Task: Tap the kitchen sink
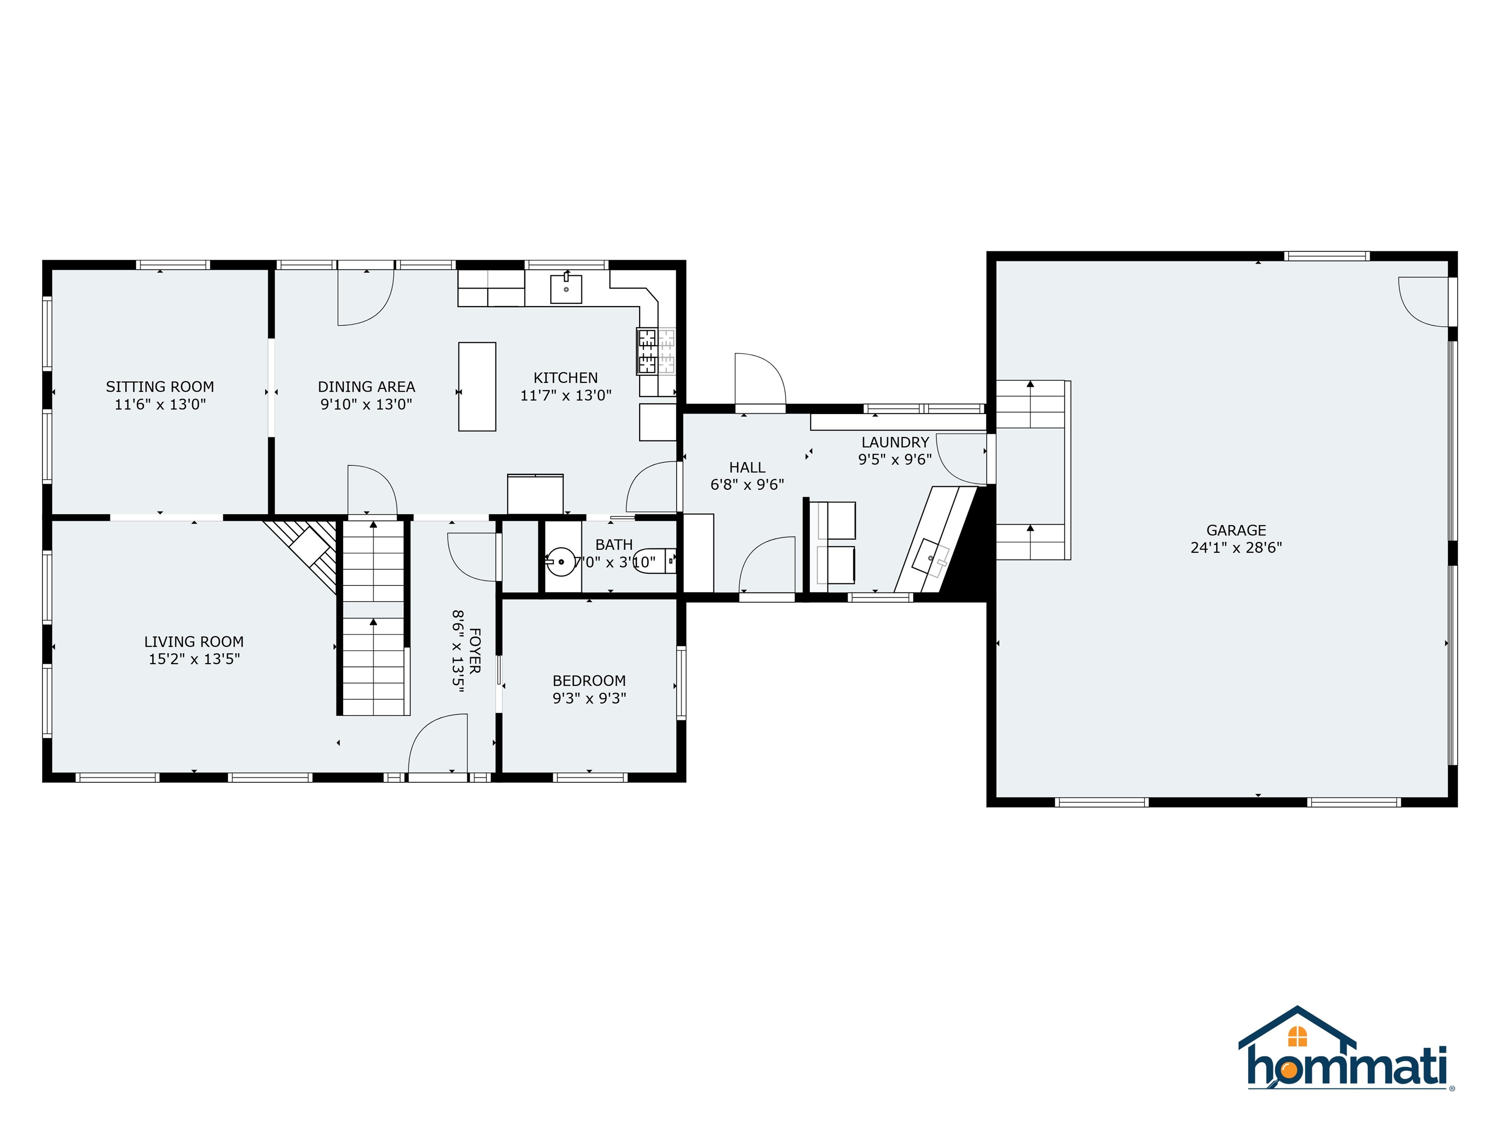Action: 565,289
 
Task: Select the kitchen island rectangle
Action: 477,387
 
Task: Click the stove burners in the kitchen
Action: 646,351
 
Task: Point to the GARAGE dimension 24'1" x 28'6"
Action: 1235,548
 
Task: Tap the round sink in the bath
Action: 560,562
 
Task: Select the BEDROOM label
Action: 588,680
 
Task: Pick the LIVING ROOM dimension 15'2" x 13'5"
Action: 194,659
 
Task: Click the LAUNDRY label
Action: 895,442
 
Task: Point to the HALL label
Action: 747,467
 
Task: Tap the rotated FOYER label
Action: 475,651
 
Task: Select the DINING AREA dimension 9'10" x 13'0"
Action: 366,404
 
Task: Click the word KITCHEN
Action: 565,378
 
